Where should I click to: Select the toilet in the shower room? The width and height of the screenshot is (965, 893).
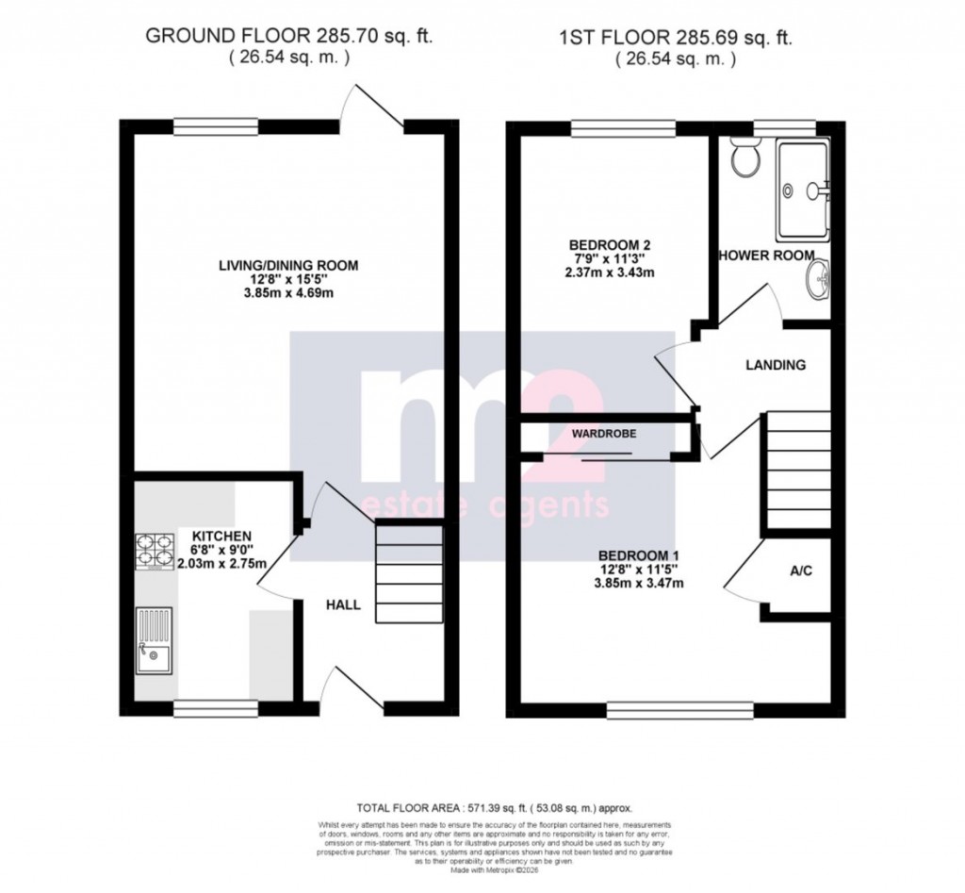point(744,159)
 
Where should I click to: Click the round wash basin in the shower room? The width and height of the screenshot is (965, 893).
point(818,279)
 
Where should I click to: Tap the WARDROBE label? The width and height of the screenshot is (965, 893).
point(604,434)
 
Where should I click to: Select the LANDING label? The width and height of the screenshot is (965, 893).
point(776,365)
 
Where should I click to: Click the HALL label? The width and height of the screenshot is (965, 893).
point(343,604)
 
